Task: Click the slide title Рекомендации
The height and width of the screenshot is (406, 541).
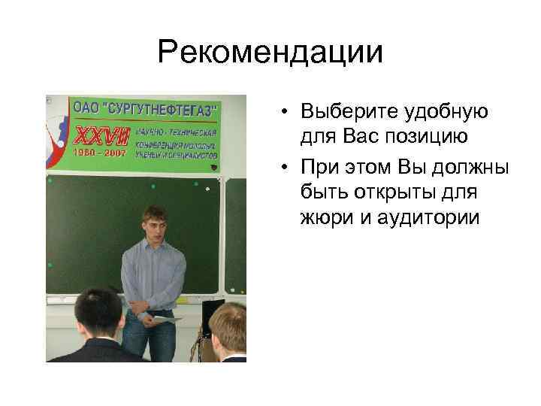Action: (x=270, y=52)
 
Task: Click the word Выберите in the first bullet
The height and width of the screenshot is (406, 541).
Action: (x=338, y=112)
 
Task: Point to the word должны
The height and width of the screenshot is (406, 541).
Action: (x=470, y=166)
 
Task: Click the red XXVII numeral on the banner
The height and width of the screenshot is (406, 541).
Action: (x=101, y=136)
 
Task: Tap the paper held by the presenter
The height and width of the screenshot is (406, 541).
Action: (x=166, y=320)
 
